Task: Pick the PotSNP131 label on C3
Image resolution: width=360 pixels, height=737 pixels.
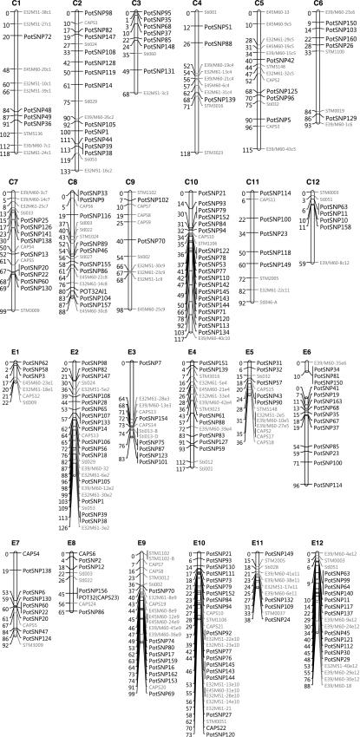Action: [158, 70]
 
